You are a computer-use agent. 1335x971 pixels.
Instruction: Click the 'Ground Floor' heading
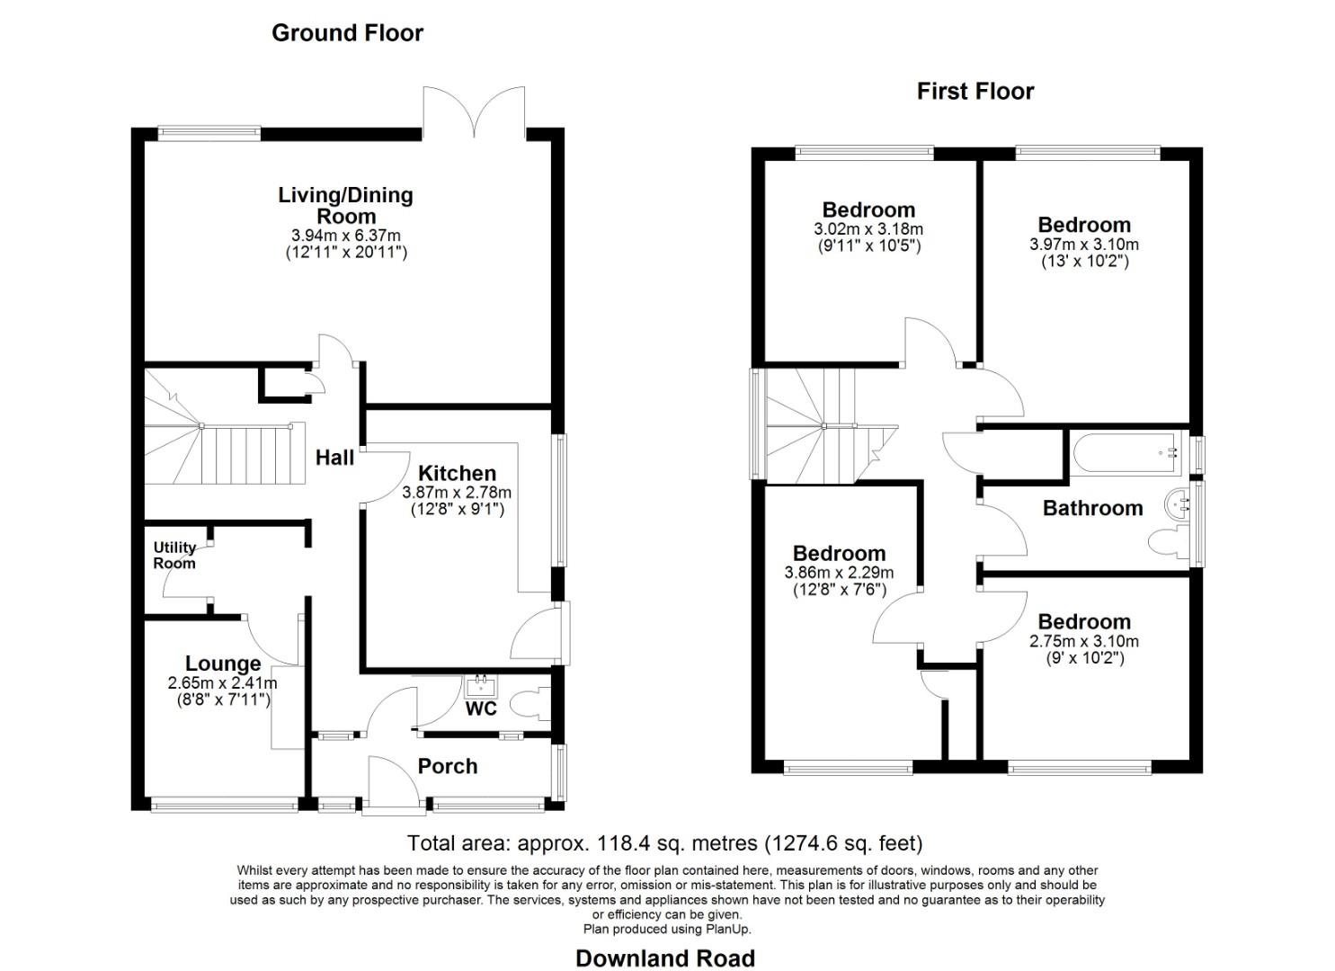347,33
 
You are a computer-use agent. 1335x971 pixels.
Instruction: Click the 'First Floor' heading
975,92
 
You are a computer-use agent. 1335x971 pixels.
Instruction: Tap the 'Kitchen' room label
457,473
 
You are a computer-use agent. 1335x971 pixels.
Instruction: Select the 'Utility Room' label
174,555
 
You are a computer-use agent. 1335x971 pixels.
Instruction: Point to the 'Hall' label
334,458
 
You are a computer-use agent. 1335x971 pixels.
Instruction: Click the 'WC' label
481,709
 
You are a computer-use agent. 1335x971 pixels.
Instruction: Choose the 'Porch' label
447,766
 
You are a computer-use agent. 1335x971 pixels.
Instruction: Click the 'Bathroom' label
1092,508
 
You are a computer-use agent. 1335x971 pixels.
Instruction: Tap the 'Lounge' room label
223,664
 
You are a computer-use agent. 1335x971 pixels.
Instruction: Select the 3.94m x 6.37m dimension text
346,236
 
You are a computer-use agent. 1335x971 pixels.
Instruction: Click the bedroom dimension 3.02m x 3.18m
868,229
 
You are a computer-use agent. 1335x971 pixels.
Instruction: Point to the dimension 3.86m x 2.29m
839,573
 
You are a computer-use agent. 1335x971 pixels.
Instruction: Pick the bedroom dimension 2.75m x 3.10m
1083,641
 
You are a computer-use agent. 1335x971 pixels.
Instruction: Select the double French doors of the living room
474,115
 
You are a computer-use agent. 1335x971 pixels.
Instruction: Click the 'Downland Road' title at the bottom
665,958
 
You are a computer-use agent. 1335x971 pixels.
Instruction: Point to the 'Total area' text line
665,843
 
